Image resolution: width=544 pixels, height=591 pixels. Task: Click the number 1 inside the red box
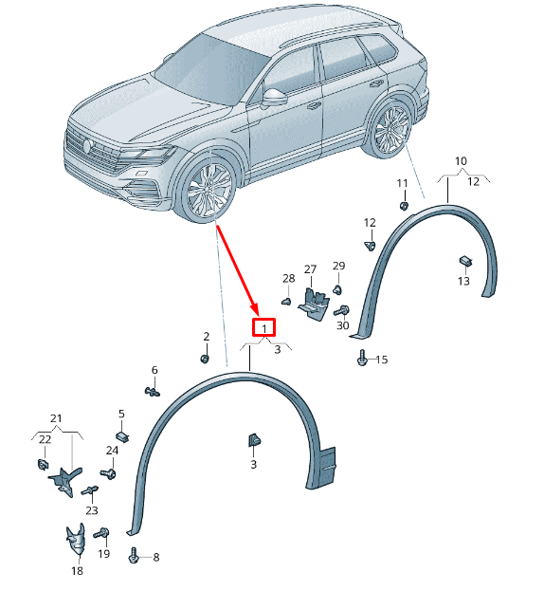(x=264, y=328)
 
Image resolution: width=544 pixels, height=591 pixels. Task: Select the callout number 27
(x=310, y=269)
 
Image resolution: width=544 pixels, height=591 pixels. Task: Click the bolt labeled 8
(x=134, y=555)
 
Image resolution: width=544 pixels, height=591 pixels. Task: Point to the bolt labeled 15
(x=362, y=358)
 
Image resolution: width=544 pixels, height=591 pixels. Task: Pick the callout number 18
(x=77, y=571)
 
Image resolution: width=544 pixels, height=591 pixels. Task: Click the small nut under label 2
(x=205, y=359)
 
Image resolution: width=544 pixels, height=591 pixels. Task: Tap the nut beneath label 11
(x=404, y=206)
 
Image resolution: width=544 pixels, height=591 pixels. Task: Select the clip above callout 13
(x=465, y=261)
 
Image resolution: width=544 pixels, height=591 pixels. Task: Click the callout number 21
(x=56, y=418)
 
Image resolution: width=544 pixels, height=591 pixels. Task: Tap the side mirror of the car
(x=274, y=98)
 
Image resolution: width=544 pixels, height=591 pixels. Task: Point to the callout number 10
(x=461, y=161)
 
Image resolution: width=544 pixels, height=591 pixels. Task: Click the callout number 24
(x=112, y=451)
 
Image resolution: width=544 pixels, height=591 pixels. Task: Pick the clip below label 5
(x=122, y=436)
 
